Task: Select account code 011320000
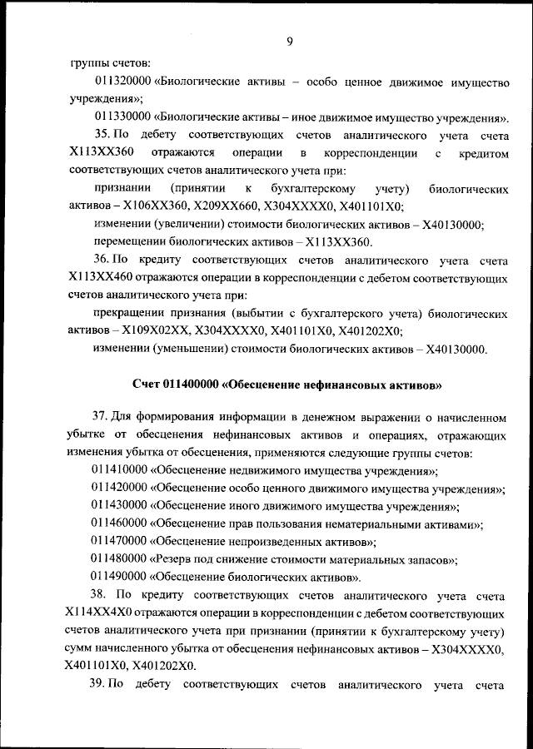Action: coord(122,81)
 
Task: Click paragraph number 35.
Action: coord(102,135)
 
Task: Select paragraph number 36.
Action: coord(102,260)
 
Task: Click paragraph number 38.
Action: coord(102,596)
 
